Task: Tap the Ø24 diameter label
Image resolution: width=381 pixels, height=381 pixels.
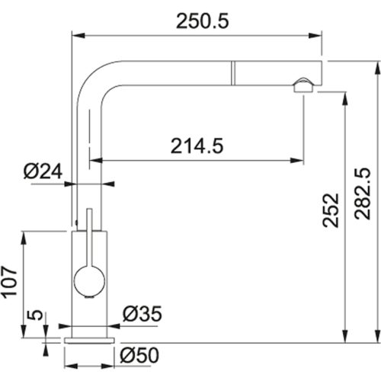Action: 43,173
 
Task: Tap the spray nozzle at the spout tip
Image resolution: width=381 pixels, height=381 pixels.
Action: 303,85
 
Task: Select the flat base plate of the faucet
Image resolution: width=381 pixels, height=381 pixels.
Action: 91,337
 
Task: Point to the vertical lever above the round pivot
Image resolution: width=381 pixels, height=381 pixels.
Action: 90,236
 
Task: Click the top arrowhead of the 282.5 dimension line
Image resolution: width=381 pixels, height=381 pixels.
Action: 375,65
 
